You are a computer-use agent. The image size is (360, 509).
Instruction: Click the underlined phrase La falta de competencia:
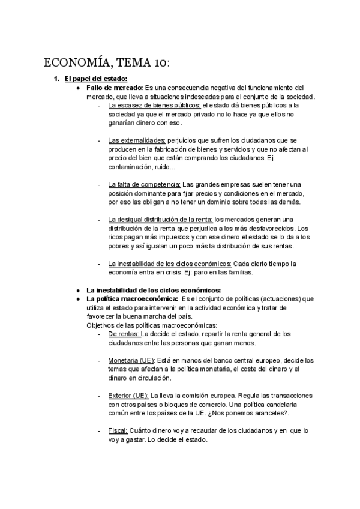(144, 184)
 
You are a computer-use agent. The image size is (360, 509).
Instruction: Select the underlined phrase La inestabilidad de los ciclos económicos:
(169, 263)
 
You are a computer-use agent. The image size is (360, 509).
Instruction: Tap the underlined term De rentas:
(124, 333)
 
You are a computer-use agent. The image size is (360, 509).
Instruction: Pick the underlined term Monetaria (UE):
(131, 360)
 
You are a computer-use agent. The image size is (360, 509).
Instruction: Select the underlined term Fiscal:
(118, 430)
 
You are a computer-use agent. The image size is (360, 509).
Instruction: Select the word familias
(238, 272)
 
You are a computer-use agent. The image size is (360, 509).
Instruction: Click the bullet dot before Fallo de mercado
(79, 88)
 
